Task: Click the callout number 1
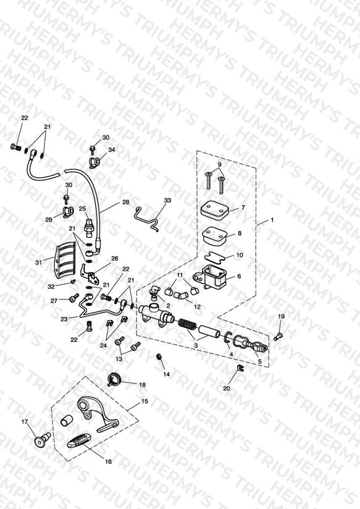coord(272,220)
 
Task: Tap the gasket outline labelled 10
coord(215,256)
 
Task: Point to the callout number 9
coord(219,164)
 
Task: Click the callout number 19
coord(281,316)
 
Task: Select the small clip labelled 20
coord(239,368)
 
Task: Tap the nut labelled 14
coord(159,357)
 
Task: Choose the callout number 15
coord(144,402)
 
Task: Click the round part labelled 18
coord(114,379)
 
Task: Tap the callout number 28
coord(125,202)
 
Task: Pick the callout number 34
coord(112,149)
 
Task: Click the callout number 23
coord(64,319)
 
